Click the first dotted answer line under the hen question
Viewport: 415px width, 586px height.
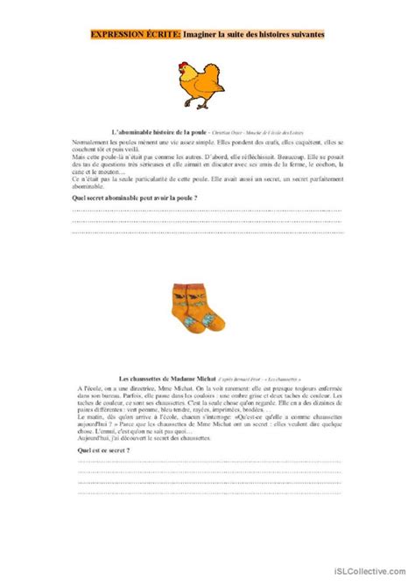tap(207, 212)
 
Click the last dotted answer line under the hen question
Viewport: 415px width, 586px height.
tap(207, 233)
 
